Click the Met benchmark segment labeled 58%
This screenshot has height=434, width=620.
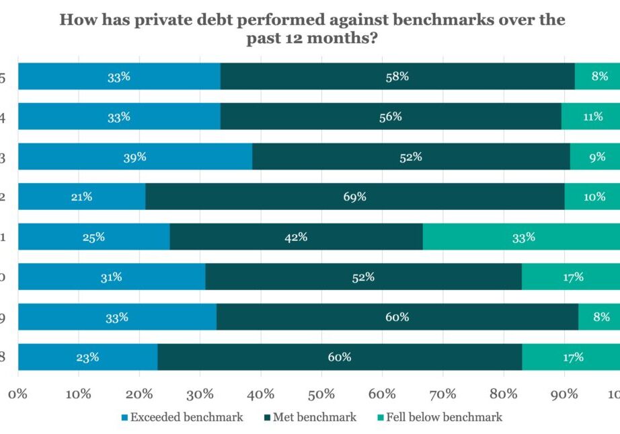coord(397,77)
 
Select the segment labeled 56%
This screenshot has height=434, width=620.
coord(391,116)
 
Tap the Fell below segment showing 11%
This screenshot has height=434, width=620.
coord(590,116)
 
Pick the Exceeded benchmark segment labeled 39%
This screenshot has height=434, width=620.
coord(135,157)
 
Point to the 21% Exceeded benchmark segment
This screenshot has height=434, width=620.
coord(81,196)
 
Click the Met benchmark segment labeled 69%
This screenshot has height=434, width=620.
coord(355,196)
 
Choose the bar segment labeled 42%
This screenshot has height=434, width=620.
coord(296,237)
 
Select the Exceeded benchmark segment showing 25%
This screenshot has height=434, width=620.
coord(93,237)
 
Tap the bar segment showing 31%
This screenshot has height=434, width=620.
coord(112,277)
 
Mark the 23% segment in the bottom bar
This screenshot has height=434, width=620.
coord(87,357)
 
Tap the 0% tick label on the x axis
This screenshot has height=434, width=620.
coord(18,393)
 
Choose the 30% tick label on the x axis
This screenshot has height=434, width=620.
coord(200,393)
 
